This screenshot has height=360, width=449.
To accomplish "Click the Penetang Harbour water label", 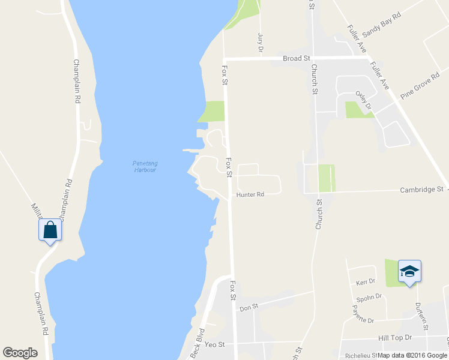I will tap(144, 166).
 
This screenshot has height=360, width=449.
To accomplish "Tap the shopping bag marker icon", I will tap(50, 230).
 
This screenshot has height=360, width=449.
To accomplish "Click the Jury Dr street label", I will tap(261, 42).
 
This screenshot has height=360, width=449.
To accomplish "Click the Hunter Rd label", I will tap(250, 195).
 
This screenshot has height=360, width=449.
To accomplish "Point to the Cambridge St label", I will tap(421, 190).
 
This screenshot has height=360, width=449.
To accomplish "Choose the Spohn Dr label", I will tap(369, 296).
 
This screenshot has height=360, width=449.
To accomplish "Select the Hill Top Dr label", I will tap(395, 338).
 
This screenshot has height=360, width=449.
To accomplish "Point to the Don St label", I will tap(249, 307).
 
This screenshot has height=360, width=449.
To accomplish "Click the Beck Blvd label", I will tap(197, 343).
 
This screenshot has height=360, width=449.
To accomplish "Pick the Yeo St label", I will tap(214, 344).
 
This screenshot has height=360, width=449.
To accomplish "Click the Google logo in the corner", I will tap(20, 353).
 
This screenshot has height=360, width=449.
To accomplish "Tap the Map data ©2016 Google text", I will tap(413, 355).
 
